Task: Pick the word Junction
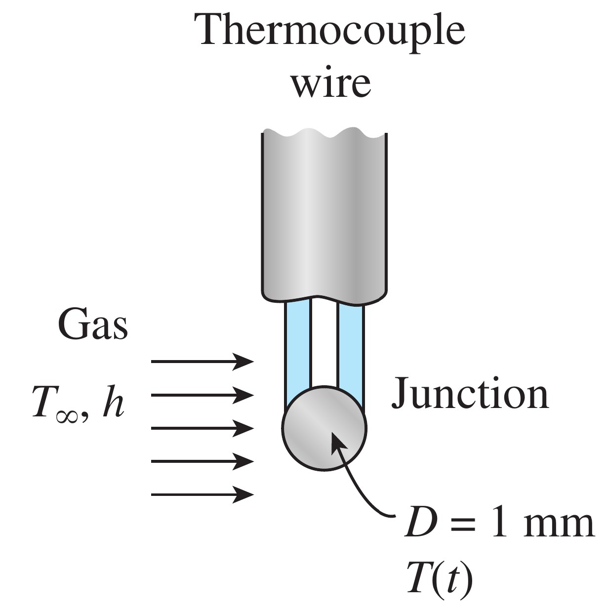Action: point(470,394)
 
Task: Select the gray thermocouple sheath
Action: point(324,217)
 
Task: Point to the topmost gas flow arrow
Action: point(202,362)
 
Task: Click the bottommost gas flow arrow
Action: point(202,494)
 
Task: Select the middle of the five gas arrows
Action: point(202,428)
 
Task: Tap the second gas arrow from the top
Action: point(202,395)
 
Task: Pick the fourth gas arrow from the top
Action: point(202,461)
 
